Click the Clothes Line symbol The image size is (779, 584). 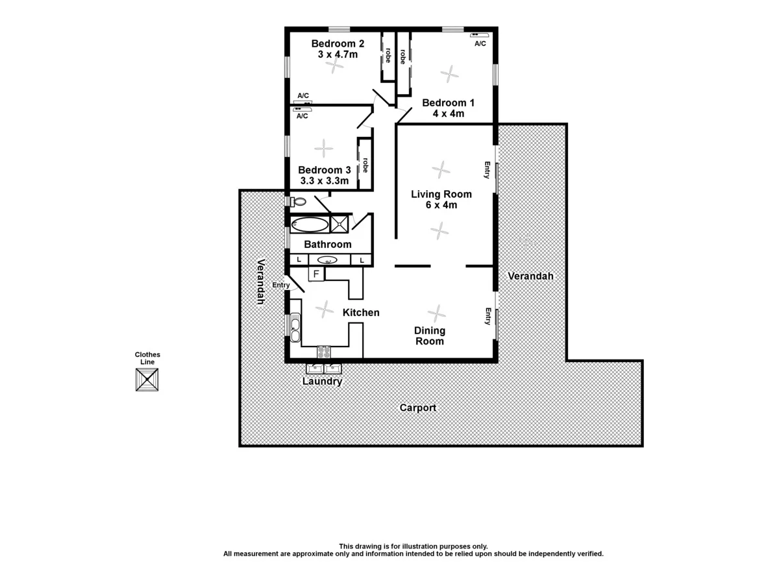click(147, 379)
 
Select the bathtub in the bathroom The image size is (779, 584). click(310, 225)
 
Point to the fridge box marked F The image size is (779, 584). click(316, 274)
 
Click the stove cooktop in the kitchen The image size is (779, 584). click(323, 352)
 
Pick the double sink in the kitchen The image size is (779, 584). click(295, 327)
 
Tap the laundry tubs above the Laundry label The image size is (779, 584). click(323, 369)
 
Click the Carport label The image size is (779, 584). click(417, 408)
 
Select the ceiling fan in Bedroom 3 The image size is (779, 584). click(323, 149)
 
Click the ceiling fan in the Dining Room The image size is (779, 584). click(437, 313)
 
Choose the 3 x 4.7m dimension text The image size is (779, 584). click(338, 55)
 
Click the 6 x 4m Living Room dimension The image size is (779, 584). click(441, 205)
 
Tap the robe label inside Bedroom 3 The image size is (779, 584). click(365, 165)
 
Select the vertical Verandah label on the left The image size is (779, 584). click(260, 282)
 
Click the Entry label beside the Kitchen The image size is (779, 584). click(280, 285)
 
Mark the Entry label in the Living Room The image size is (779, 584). click(486, 170)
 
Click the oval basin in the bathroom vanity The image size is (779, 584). click(328, 260)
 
